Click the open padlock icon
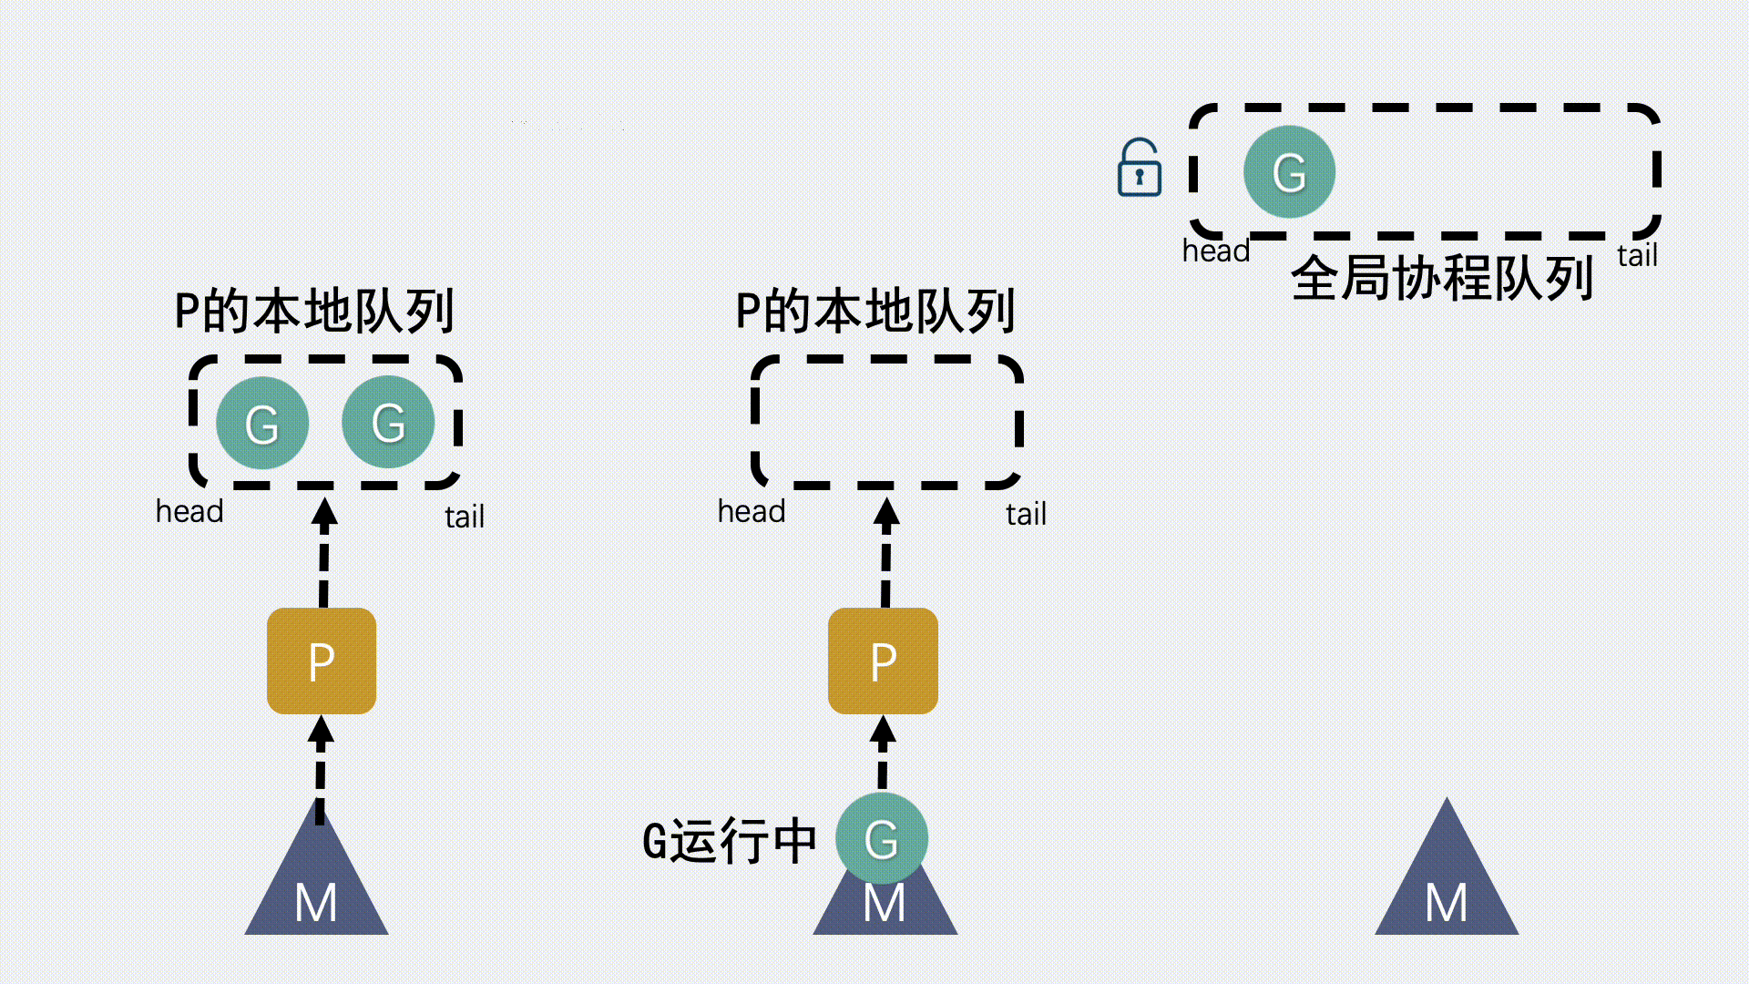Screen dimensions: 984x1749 1139,169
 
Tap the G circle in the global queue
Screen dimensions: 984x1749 1289,171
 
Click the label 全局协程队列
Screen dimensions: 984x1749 1442,278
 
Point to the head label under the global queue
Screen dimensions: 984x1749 1215,251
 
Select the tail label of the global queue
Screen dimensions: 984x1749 1637,256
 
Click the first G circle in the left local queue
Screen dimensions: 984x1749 262,423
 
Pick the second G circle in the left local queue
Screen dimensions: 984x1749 388,422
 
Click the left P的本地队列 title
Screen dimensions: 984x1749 314,311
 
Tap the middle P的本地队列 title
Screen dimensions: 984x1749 875,311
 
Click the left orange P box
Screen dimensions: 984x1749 322,661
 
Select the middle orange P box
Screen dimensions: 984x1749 883,661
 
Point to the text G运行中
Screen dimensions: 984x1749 730,840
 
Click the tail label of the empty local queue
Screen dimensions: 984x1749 1026,515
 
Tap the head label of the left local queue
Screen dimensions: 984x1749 189,511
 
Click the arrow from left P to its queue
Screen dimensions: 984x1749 324,551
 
